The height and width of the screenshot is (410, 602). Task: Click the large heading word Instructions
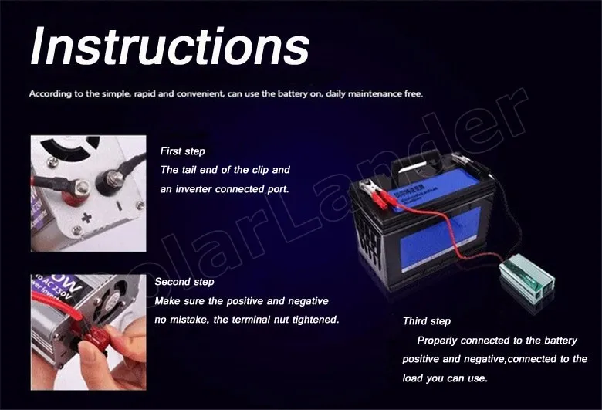click(x=170, y=46)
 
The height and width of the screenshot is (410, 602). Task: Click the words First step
click(x=182, y=151)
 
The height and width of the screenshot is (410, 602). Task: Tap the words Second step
click(x=184, y=282)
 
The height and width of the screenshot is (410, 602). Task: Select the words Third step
click(x=427, y=321)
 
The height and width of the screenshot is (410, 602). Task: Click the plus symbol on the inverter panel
click(x=86, y=218)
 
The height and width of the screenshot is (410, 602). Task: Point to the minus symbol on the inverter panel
click(x=119, y=206)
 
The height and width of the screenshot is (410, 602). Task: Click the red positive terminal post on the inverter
click(x=76, y=192)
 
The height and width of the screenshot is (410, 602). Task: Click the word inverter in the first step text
click(x=194, y=189)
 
